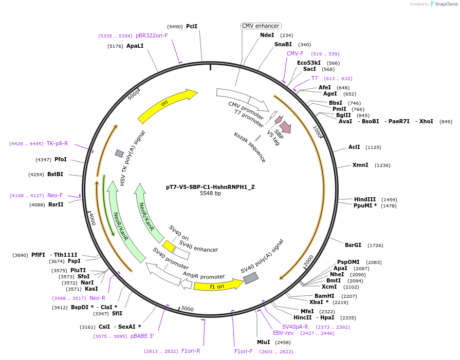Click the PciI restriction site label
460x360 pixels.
tap(192, 26)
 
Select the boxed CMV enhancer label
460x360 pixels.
tap(261, 26)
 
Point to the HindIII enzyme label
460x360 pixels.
tap(365, 199)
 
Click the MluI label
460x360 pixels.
tap(264, 342)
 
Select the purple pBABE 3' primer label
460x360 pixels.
tap(142, 336)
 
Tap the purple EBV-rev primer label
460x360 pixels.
tap(283, 333)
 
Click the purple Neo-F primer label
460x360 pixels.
tap(55, 195)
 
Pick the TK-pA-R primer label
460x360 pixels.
tap(57, 143)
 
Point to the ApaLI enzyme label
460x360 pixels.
tap(135, 46)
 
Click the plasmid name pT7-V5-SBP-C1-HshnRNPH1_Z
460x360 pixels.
tap(210, 187)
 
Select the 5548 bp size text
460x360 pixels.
tap(210, 194)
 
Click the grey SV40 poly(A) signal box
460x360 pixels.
tap(251, 278)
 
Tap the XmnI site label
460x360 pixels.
tap(360, 165)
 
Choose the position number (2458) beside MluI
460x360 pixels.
tap(283, 342)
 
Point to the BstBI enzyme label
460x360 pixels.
tap(55, 174)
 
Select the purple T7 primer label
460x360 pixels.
tap(315, 78)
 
